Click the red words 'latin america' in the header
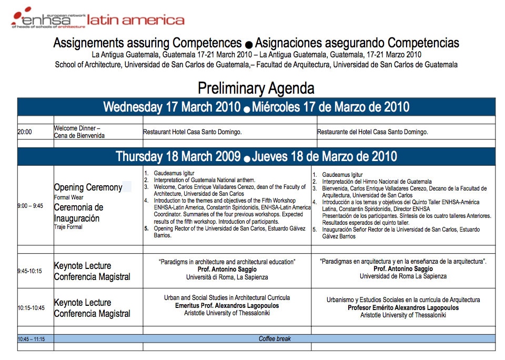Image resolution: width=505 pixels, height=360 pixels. [136, 20]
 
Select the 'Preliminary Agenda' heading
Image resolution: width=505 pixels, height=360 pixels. [256, 88]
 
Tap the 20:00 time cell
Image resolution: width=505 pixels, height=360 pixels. [25, 132]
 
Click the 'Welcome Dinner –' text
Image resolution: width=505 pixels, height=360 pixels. [77, 128]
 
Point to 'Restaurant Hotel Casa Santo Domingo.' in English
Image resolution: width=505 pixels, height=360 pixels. [193, 132]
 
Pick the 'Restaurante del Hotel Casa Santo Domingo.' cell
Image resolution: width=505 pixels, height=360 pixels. [372, 132]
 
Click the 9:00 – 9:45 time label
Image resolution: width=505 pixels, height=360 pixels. [31, 206]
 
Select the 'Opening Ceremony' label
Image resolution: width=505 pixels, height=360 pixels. [88, 188]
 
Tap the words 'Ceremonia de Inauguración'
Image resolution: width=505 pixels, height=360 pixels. [78, 213]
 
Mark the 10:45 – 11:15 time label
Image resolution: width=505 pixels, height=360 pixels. [31, 339]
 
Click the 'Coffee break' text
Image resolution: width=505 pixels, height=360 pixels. [275, 339]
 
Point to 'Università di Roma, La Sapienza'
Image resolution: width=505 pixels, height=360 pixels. [227, 277]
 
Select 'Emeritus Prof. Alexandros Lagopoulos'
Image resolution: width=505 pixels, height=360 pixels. [227, 306]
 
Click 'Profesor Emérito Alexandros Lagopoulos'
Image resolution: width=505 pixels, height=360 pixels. [403, 308]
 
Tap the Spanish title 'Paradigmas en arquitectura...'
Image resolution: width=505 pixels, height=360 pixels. [403, 261]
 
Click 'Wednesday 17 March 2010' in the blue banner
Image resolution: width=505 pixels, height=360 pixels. [171, 107]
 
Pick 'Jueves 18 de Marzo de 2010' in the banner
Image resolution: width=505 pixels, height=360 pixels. [324, 157]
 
